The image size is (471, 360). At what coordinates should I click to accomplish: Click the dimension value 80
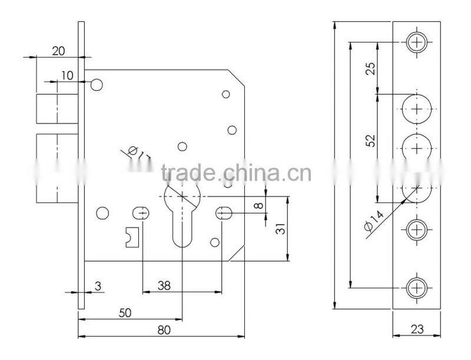point(164,330)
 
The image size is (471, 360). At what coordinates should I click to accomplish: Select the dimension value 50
point(124,314)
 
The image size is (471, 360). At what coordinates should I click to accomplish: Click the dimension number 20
point(58,51)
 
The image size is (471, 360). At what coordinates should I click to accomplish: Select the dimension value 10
point(66,75)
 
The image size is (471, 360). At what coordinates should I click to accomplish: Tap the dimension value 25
point(370,68)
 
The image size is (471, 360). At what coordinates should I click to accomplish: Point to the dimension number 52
point(370,140)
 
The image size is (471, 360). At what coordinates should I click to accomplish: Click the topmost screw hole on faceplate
point(417,42)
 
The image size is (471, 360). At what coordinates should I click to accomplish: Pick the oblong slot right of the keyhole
point(224,212)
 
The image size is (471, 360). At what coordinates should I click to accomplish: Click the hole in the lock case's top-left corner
point(97,84)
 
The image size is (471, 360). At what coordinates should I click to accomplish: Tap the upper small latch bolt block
point(57,109)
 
